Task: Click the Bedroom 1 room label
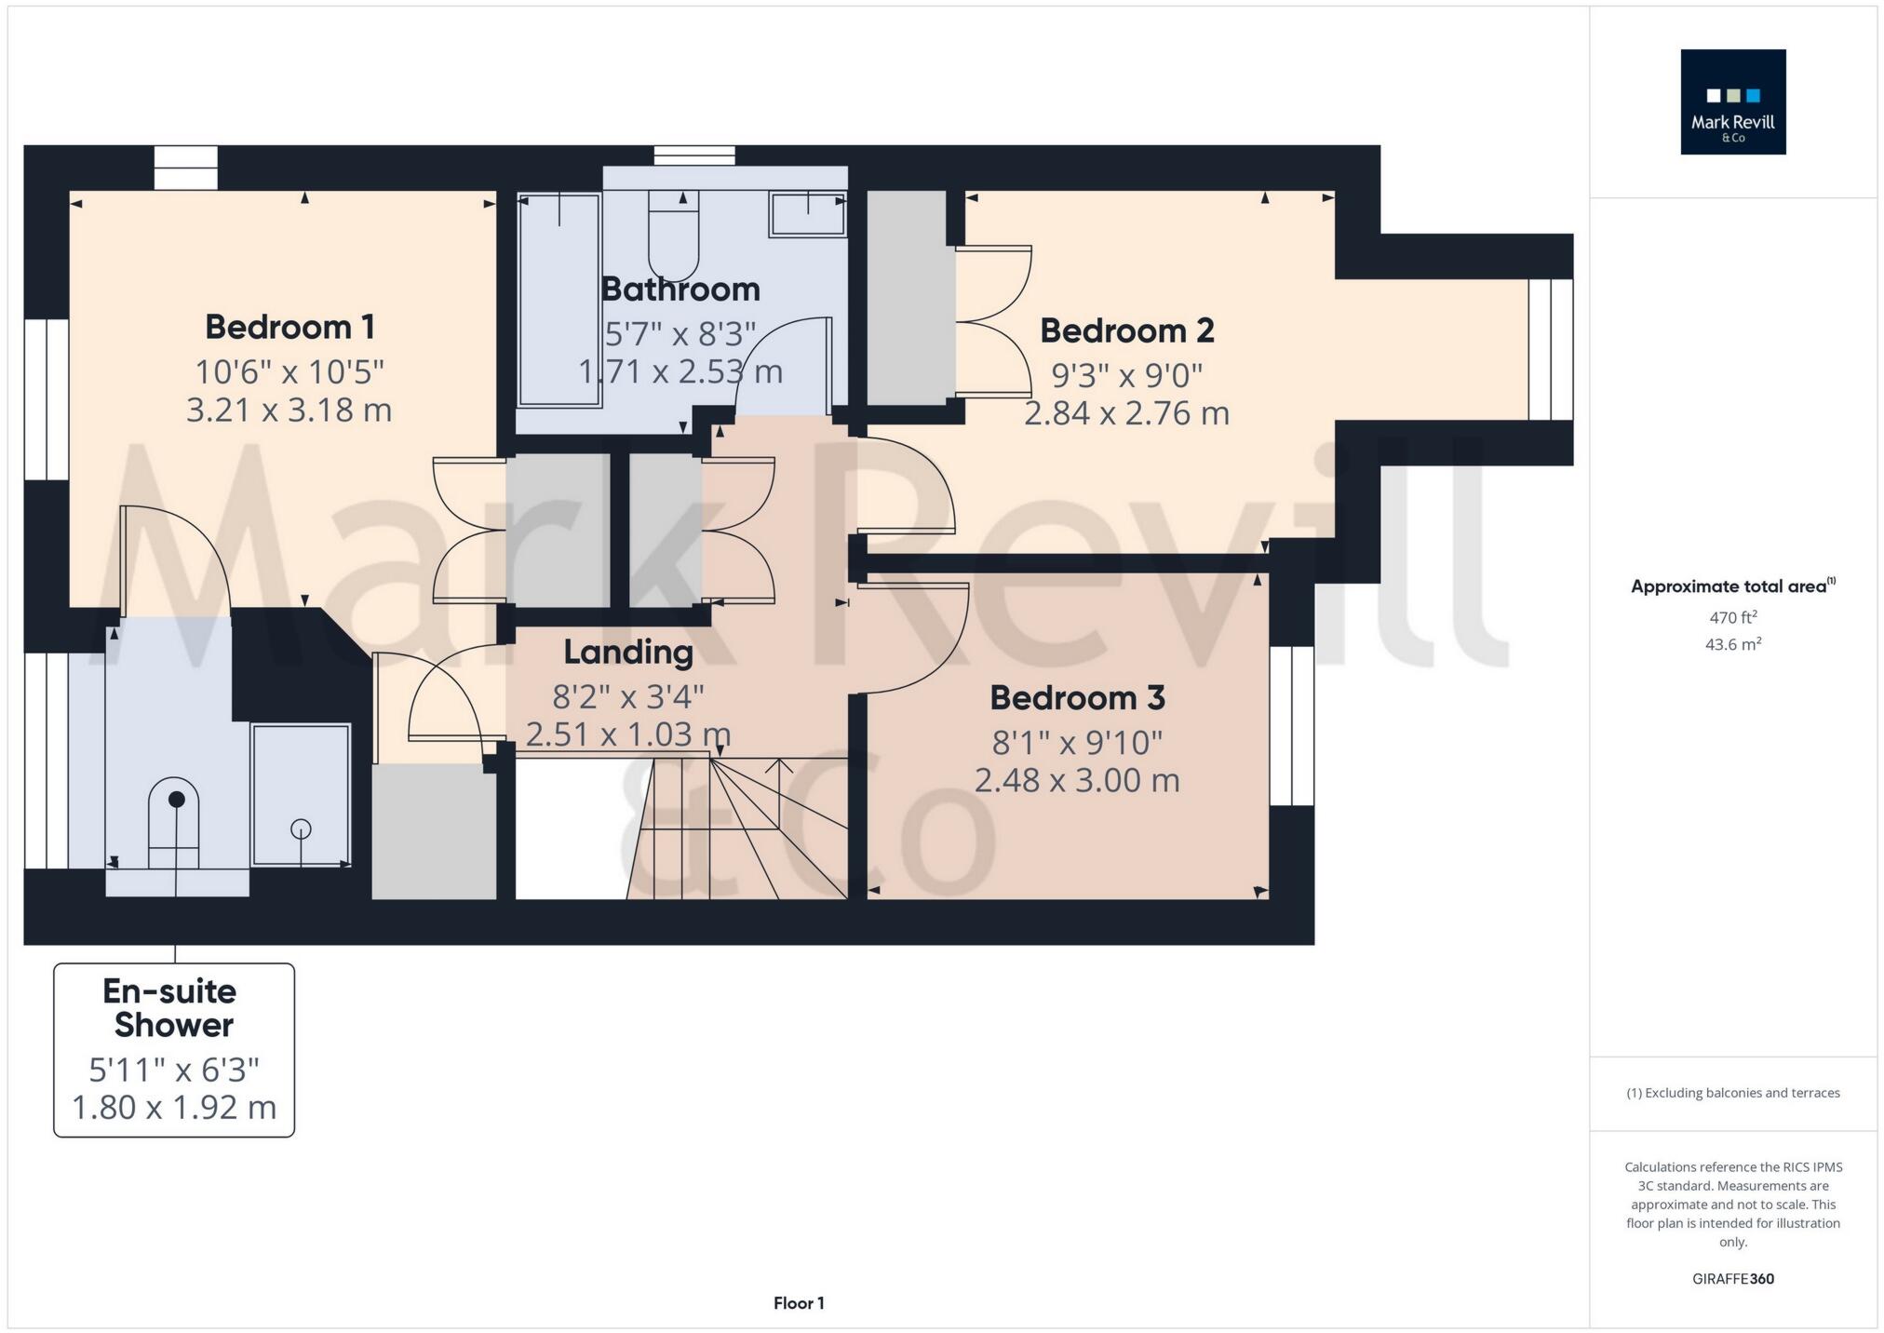[289, 327]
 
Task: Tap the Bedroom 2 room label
[1126, 330]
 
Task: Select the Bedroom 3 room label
[1077, 697]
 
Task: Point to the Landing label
[628, 652]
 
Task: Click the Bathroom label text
[680, 289]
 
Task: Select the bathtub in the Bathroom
[558, 300]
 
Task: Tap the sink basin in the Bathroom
[807, 215]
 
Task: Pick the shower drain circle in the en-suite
[301, 828]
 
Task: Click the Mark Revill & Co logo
[1732, 101]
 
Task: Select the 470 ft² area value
[1732, 616]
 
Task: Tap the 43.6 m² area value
[1732, 644]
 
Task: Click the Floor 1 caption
[799, 1303]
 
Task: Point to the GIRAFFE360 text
[1732, 1279]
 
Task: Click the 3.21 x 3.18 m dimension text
[289, 410]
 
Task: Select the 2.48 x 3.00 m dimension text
[1077, 780]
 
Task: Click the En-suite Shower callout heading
[172, 1008]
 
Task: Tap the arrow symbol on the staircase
[779, 767]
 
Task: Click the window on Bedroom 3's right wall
[1292, 725]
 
